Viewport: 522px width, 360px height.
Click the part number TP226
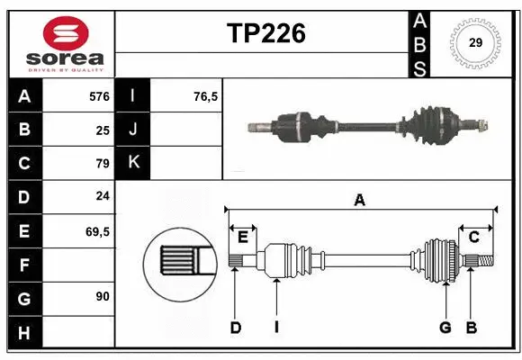click(265, 34)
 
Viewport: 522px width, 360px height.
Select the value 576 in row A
click(99, 95)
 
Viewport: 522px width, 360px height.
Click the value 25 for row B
click(103, 130)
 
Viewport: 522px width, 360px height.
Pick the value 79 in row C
click(102, 164)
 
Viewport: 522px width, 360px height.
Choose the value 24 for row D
click(103, 197)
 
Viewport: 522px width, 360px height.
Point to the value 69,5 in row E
click(97, 231)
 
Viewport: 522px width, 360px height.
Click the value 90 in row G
click(103, 296)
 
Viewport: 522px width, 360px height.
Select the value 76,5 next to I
click(206, 95)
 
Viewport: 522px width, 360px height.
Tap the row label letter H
click(24, 334)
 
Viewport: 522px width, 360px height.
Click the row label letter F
click(24, 265)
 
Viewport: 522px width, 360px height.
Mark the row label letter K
click(133, 163)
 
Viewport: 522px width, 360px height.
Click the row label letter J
click(133, 130)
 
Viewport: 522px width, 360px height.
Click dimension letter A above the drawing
click(360, 201)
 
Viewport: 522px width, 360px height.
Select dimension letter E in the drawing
click(243, 237)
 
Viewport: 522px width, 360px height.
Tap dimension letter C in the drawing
click(472, 237)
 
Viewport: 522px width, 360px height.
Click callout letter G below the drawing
click(445, 328)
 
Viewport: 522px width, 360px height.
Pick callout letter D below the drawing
click(236, 328)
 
